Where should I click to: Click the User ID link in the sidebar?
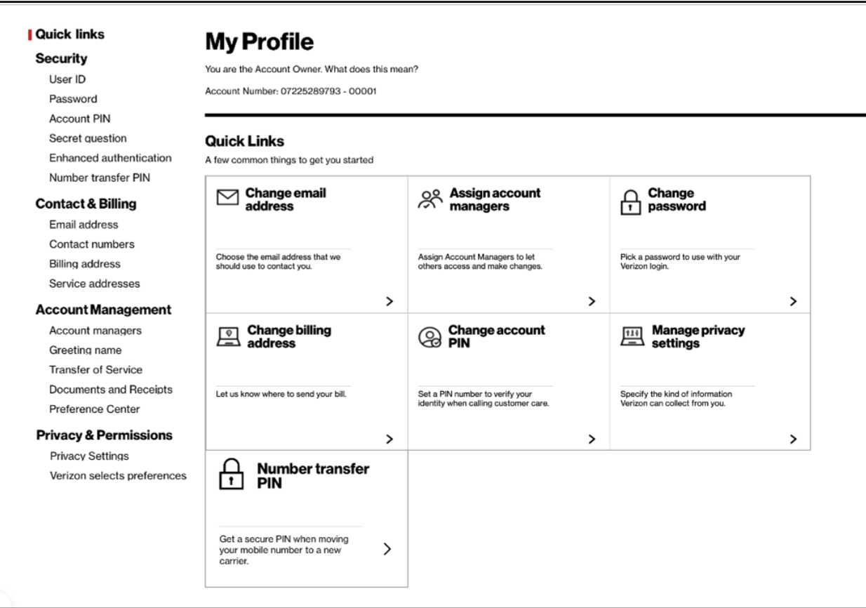(67, 79)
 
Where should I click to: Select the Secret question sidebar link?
(88, 138)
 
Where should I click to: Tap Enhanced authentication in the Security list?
(110, 158)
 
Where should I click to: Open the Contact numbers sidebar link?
(91, 244)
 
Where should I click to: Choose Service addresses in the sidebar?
(94, 284)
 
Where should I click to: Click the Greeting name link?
(85, 350)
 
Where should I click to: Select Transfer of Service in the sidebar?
(95, 370)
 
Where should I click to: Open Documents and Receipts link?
(110, 390)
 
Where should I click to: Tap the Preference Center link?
(94, 409)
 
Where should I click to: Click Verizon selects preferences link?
(118, 476)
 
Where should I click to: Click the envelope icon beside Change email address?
(227, 199)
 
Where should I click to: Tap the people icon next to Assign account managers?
(429, 199)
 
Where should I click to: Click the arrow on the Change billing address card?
(389, 439)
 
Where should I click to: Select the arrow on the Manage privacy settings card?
(793, 439)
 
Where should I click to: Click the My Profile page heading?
(259, 43)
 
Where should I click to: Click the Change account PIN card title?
(496, 336)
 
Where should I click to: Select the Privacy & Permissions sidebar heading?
(104, 435)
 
